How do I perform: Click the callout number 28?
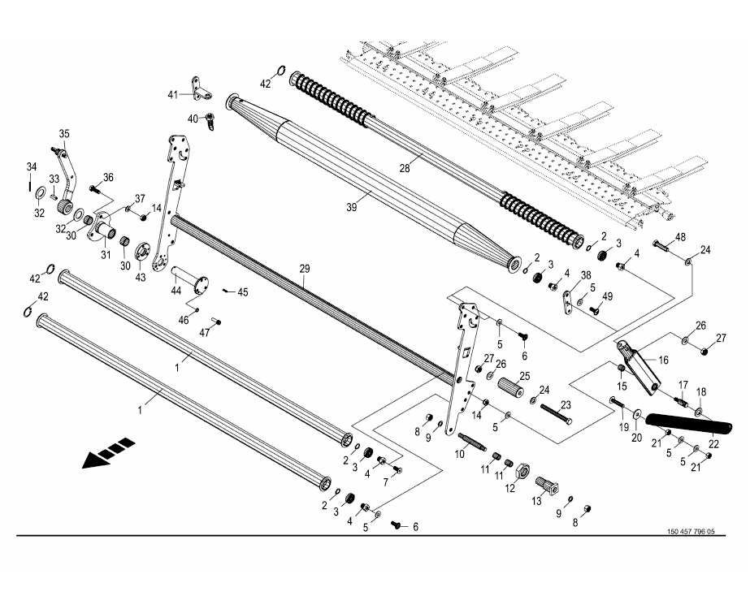[405, 168]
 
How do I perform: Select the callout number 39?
[351, 207]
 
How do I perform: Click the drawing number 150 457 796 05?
[691, 532]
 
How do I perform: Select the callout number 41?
[172, 95]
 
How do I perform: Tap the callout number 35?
[64, 133]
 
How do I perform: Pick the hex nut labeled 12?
[523, 470]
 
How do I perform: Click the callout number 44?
[176, 291]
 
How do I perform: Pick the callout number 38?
[585, 274]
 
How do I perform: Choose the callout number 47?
[205, 333]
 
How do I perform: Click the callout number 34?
[31, 167]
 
